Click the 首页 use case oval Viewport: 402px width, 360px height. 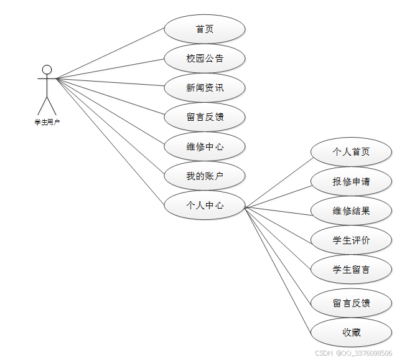204,29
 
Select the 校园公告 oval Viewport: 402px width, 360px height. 204,59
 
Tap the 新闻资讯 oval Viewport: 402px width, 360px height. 204,88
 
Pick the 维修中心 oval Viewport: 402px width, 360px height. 204,147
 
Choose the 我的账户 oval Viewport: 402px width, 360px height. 204,176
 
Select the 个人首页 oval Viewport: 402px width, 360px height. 351,152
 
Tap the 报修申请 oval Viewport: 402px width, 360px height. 351,181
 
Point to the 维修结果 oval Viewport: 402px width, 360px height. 351,211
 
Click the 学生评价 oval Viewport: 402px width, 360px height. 351,240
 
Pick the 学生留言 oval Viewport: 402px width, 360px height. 351,269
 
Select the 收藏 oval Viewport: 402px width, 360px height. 351,333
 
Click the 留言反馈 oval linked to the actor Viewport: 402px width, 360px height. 204,117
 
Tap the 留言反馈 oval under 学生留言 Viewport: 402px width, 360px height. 351,303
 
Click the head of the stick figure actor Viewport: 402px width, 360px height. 47,69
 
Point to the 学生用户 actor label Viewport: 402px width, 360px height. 47,122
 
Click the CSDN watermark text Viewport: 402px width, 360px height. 353,353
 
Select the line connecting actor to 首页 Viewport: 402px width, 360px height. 111,54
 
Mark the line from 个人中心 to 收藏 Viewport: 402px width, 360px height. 278,270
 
